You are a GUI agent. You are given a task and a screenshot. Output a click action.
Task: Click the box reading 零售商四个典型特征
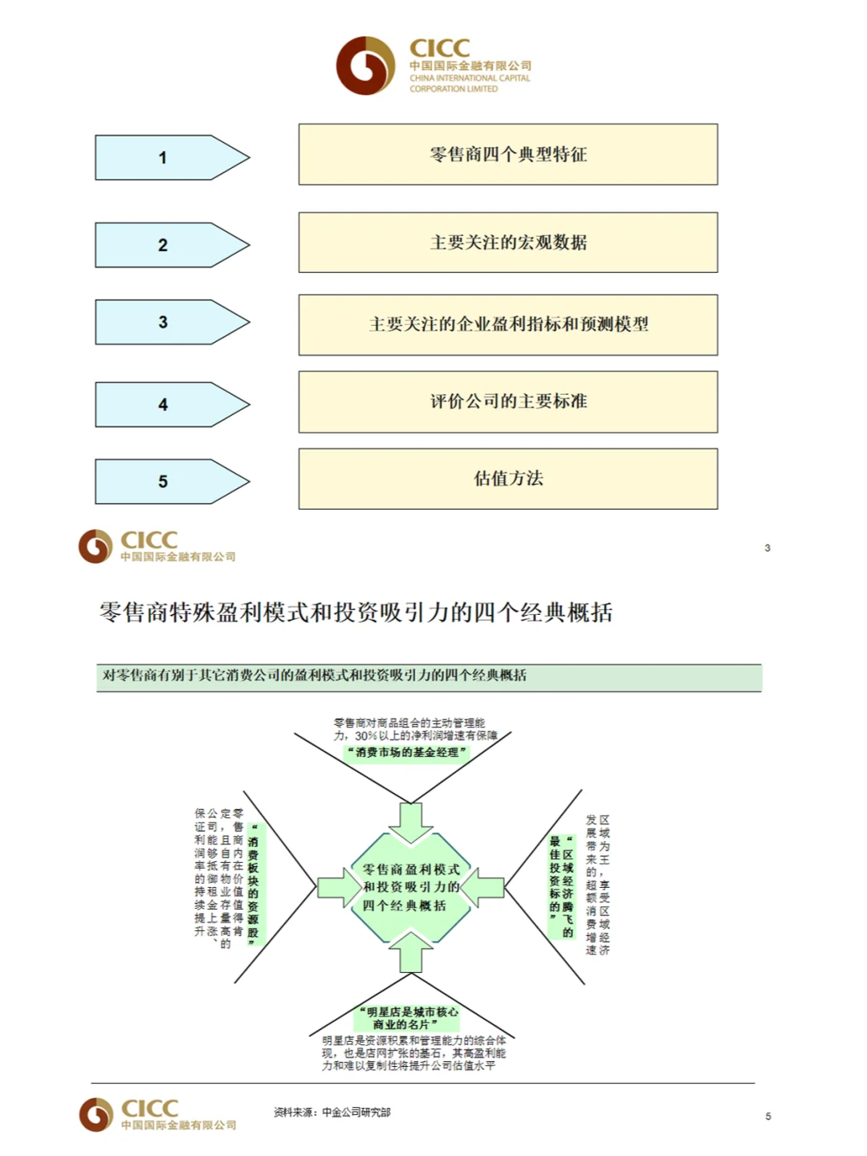[508, 154]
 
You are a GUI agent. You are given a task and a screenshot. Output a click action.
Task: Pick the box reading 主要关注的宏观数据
[508, 242]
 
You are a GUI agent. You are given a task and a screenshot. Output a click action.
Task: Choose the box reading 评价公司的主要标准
[508, 401]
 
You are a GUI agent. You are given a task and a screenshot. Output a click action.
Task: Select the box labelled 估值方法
[508, 478]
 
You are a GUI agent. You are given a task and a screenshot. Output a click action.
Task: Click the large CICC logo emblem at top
[366, 66]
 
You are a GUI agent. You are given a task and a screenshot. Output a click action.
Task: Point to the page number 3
[767, 548]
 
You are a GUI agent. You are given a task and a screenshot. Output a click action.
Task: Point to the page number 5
[768, 1117]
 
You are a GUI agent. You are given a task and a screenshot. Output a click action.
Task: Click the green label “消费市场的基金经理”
[406, 753]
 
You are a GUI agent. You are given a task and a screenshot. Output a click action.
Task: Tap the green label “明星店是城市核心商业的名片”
[408, 1018]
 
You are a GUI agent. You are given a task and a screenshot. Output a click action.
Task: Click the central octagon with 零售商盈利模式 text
[410, 887]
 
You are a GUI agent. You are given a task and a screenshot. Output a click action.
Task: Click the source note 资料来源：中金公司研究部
[332, 1113]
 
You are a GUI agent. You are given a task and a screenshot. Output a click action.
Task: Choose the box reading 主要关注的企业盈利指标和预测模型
[508, 324]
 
